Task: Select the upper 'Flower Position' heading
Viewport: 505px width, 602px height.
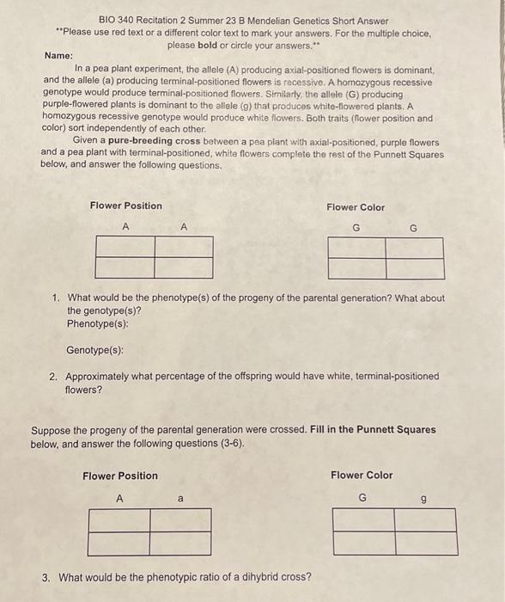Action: (x=125, y=206)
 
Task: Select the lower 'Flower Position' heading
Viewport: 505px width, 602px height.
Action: (x=120, y=476)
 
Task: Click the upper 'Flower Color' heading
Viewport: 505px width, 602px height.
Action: (x=356, y=207)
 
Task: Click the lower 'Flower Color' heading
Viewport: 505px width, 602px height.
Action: (x=362, y=475)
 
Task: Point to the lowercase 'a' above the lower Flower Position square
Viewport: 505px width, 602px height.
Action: (x=180, y=498)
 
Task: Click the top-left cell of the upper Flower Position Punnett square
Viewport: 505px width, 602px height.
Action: (x=125, y=247)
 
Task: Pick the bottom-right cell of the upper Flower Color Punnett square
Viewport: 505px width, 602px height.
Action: (x=415, y=268)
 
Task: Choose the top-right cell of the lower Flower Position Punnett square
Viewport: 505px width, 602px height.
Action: (x=181, y=521)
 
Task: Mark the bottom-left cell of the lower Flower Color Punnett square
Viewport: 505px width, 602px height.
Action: (x=364, y=544)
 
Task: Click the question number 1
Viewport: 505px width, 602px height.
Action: (x=54, y=298)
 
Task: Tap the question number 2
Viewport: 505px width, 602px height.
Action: (x=54, y=377)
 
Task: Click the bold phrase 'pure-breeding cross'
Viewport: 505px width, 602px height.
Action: (x=151, y=142)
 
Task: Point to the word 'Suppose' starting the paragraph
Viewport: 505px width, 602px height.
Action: (x=51, y=430)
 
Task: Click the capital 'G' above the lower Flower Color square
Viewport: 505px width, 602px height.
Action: (x=362, y=497)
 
